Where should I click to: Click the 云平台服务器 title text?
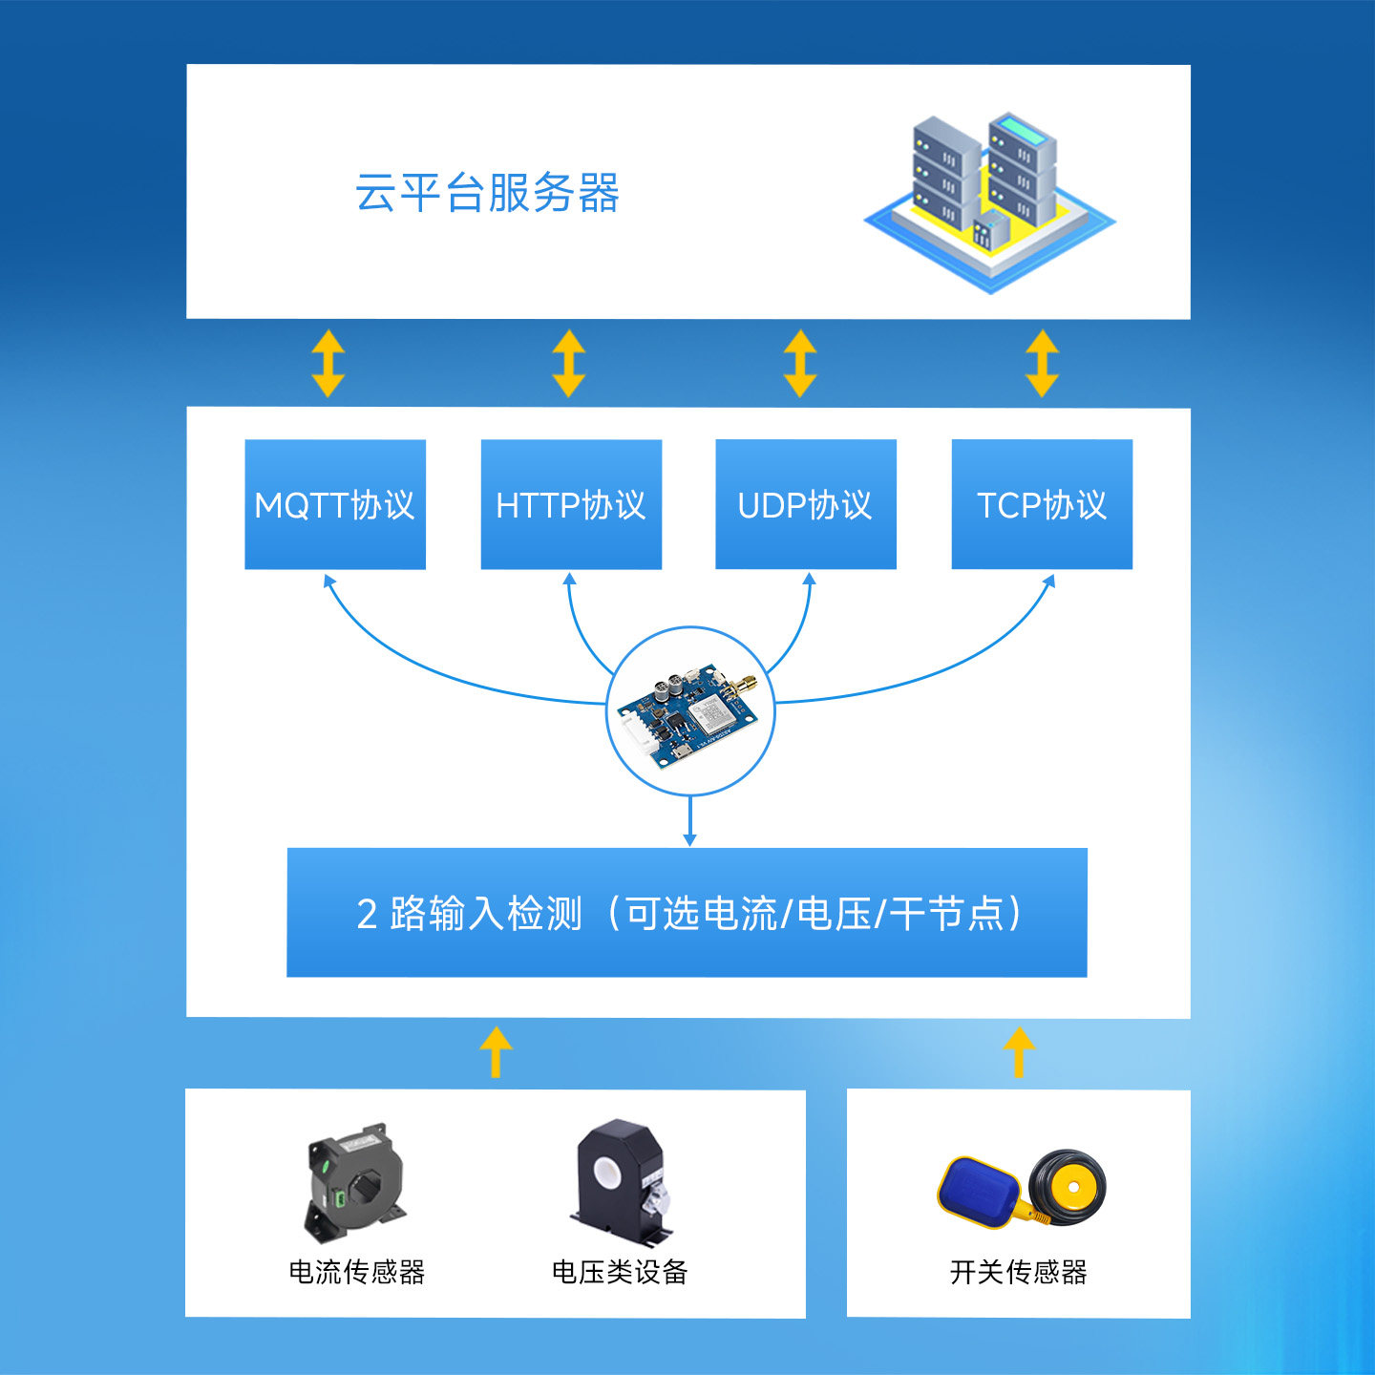(x=487, y=192)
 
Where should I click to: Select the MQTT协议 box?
(x=335, y=504)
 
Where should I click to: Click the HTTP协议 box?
(x=571, y=504)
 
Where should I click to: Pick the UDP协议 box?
(x=806, y=504)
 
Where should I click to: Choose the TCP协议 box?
(x=1042, y=504)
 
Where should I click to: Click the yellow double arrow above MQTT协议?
(x=328, y=364)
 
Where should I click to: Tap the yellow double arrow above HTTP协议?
(x=569, y=364)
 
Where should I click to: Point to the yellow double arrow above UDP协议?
(x=800, y=364)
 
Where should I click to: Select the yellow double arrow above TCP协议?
(x=1042, y=364)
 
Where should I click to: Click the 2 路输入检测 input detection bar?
(x=687, y=913)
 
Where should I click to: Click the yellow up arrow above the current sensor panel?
(x=496, y=1051)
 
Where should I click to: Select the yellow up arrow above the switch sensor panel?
(x=1019, y=1051)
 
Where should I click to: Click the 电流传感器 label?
(x=356, y=1272)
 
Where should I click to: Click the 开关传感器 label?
(x=1018, y=1272)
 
